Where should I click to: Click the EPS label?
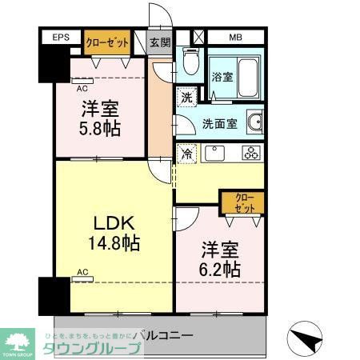61,38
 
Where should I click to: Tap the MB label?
235,38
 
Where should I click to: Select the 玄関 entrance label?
160,42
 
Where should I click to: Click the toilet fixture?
190,61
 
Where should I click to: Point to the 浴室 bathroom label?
222,78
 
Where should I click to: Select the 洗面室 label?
218,124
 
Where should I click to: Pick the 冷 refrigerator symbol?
185,152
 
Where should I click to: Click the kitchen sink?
214,152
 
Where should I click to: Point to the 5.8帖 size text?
99,127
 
